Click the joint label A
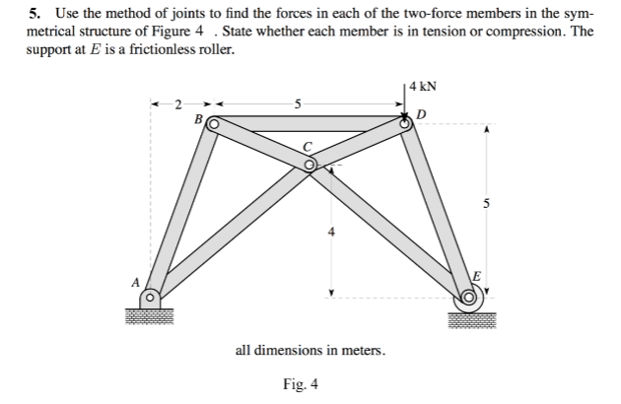coord(138,281)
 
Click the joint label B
coord(197,119)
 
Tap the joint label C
coord(308,148)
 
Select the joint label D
coord(423,116)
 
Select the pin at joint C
coord(310,166)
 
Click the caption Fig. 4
coord(300,384)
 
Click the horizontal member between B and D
coord(310,124)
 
